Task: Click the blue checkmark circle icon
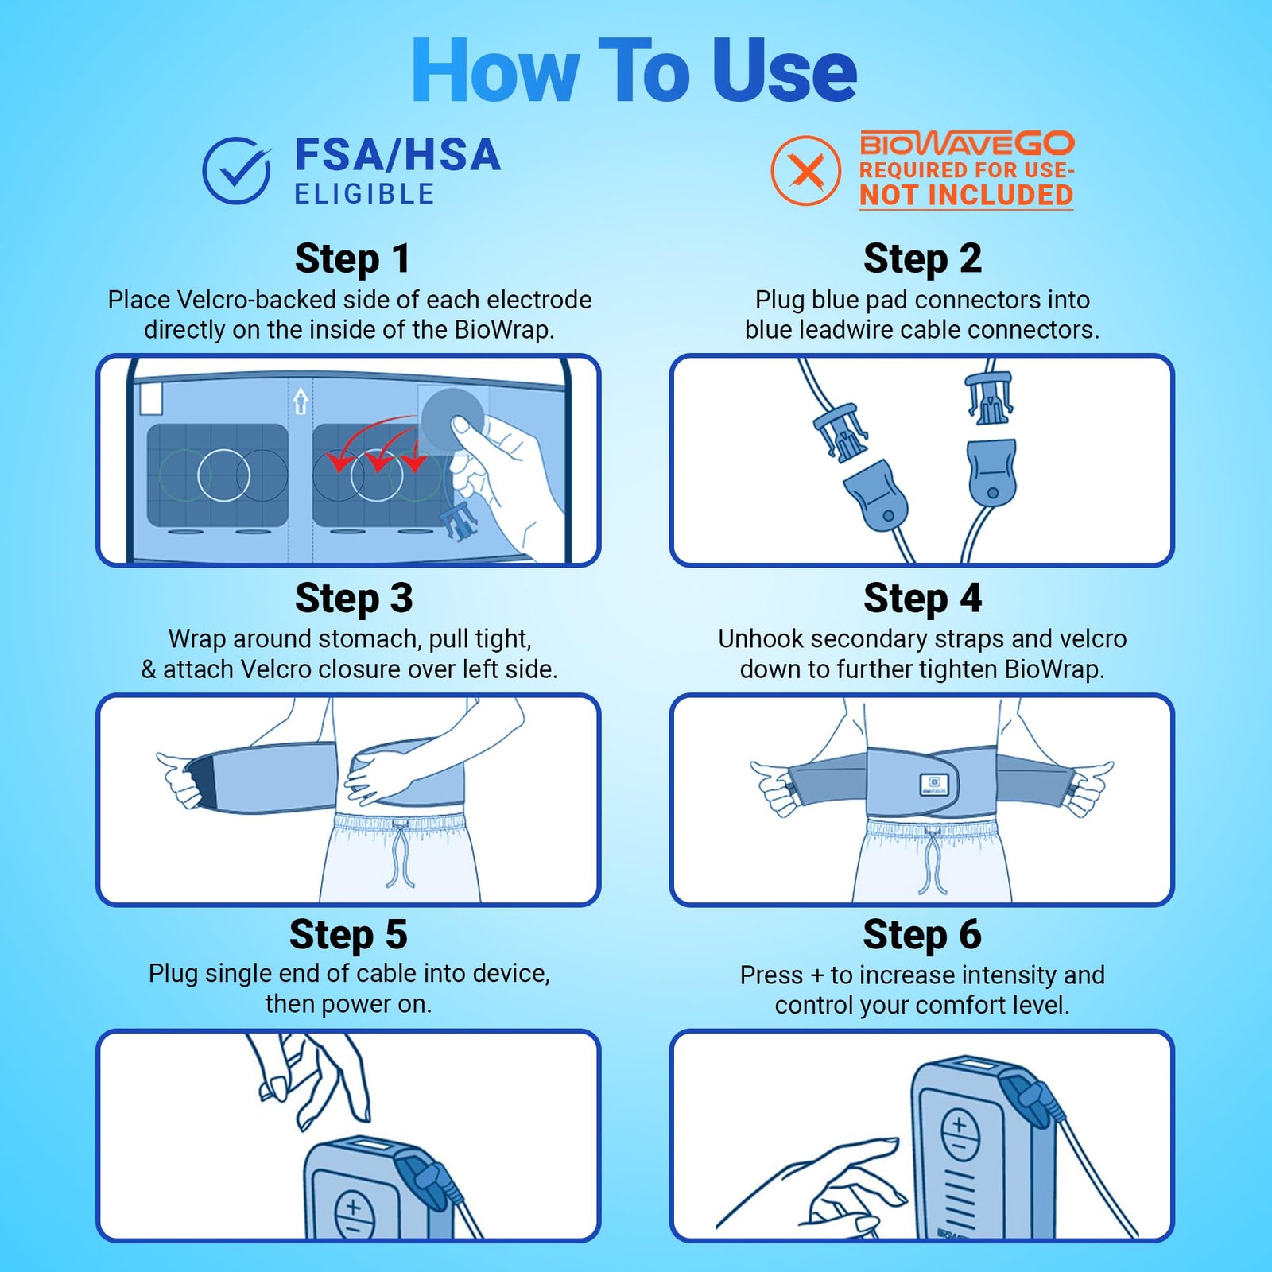[236, 171]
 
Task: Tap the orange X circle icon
[805, 171]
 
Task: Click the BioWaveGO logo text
[967, 144]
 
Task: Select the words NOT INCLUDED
[966, 195]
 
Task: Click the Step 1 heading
[352, 258]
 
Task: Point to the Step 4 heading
[922, 598]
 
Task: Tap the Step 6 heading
[922, 934]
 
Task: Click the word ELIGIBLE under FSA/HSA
[365, 194]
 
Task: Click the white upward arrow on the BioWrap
[301, 401]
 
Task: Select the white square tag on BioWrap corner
[151, 399]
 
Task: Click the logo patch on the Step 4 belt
[933, 785]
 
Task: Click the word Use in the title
[784, 72]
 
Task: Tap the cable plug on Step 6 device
[1030, 1099]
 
